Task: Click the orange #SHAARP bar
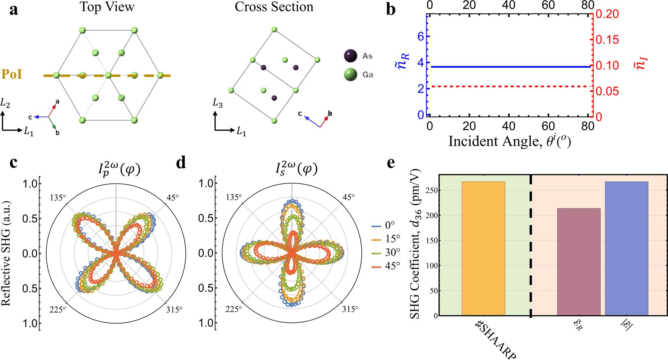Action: point(483,249)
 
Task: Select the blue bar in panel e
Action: point(626,249)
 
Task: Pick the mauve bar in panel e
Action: point(578,262)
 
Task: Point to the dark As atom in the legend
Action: point(350,56)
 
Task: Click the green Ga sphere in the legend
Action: point(350,75)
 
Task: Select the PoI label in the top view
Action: point(12,74)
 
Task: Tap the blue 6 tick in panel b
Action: point(420,37)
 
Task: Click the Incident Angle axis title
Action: point(509,141)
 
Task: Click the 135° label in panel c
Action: point(57,197)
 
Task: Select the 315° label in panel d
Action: point(350,309)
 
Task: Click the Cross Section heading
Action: point(274,7)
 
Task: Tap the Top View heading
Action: point(107,7)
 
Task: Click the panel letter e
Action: point(391,163)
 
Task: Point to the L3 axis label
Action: point(217,103)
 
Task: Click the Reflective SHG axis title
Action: point(6,253)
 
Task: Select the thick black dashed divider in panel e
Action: point(531,245)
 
